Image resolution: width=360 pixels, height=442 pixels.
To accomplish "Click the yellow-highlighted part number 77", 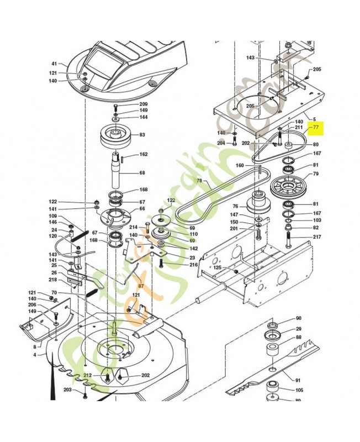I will [316, 127].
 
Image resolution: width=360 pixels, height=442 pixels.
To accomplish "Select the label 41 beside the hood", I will [55, 64].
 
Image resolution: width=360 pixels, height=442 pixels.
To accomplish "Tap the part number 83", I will [142, 135].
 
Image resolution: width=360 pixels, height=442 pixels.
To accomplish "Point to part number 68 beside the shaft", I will [142, 173].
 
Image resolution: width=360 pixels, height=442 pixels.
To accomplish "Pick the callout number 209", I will [143, 104].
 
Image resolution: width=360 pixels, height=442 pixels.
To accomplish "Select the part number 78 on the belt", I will [199, 181].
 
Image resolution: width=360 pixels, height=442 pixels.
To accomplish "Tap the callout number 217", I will [316, 238].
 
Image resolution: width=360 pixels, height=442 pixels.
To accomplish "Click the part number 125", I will [217, 267].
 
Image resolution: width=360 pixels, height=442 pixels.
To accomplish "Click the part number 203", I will [68, 390].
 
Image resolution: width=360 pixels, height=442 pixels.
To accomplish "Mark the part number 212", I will [88, 376].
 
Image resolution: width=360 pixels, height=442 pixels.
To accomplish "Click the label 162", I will [143, 155].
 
